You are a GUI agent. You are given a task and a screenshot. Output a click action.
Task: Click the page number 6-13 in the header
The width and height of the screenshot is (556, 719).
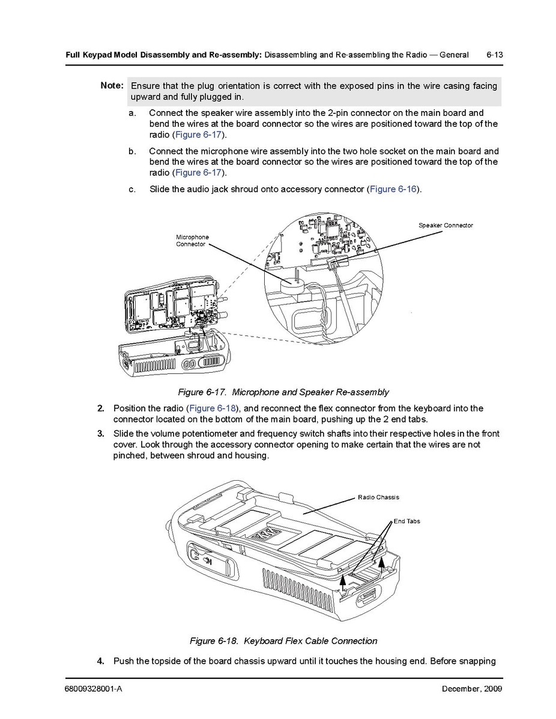point(494,55)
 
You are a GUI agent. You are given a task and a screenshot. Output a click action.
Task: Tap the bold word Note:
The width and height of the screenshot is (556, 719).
point(112,85)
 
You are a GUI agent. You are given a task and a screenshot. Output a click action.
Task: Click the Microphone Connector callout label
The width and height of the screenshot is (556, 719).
point(192,241)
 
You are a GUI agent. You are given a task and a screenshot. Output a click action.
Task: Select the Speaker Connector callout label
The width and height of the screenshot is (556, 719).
point(446,225)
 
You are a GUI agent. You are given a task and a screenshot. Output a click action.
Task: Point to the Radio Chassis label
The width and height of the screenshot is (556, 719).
point(378,497)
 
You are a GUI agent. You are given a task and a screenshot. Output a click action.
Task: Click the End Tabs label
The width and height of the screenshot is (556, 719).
point(406,521)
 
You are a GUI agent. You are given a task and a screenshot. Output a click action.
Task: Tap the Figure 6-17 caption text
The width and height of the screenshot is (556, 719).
point(283,393)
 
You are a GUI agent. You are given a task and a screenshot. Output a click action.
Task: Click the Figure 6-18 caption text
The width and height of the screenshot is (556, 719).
point(283,641)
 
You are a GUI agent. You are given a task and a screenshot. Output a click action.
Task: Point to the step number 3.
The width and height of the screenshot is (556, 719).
point(101,434)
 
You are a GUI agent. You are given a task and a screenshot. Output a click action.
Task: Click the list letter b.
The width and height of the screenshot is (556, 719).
point(131,151)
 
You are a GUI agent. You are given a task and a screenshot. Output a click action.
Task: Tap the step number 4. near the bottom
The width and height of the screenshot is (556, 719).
point(101,661)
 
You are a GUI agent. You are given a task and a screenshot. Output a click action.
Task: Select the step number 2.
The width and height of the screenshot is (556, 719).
point(101,409)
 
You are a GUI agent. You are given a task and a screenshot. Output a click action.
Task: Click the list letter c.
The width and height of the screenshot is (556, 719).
point(131,189)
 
